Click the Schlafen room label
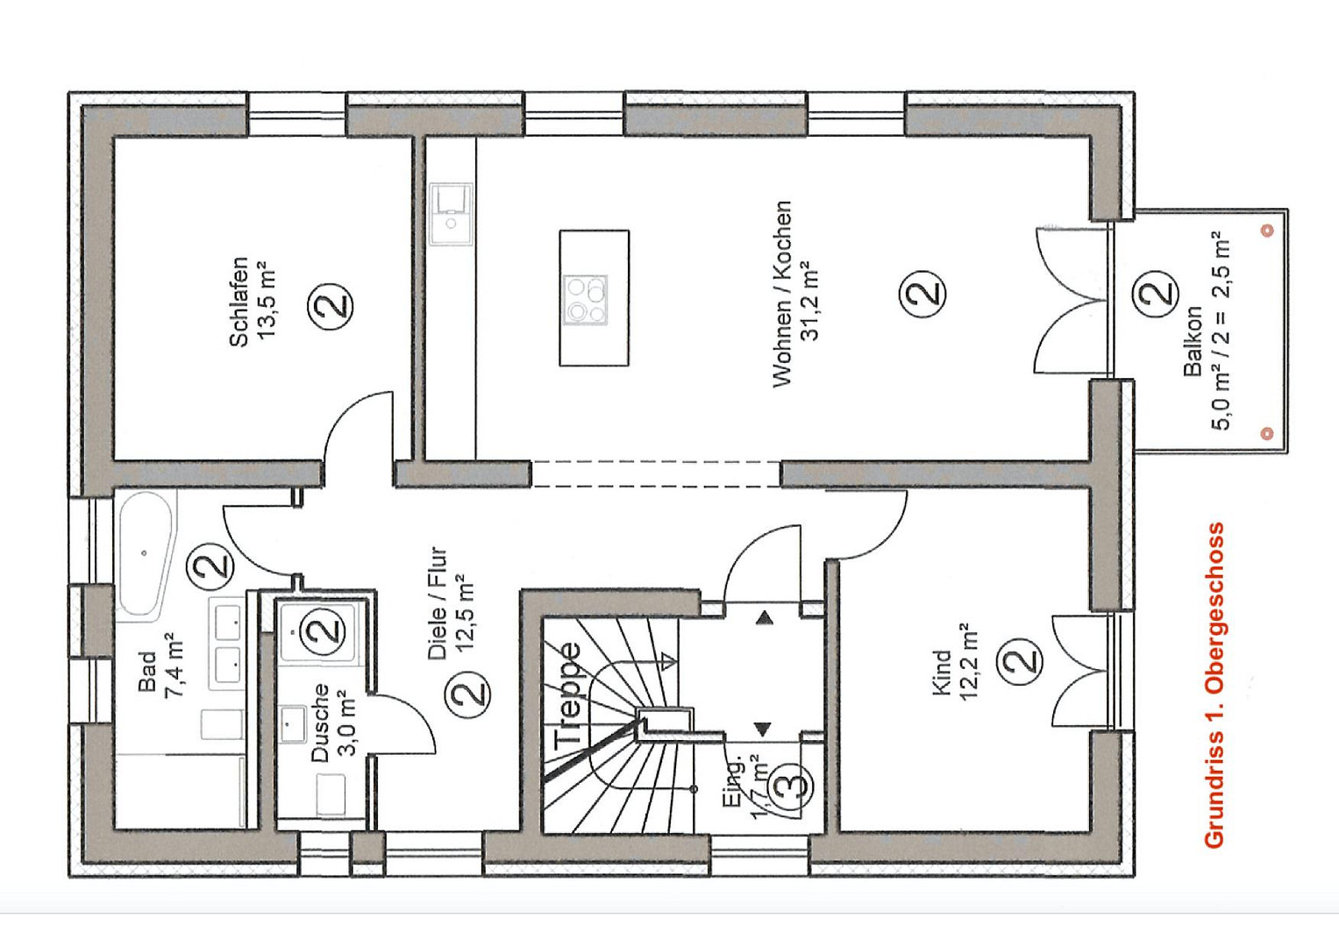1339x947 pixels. [x=239, y=302]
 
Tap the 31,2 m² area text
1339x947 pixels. [x=808, y=301]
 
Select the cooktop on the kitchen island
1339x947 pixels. [x=588, y=300]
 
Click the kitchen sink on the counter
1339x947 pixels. [x=451, y=213]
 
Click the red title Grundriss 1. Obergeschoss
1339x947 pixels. [x=1214, y=685]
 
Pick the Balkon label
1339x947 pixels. [x=1192, y=341]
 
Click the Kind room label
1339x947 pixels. [x=942, y=673]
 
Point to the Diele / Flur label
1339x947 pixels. [x=438, y=602]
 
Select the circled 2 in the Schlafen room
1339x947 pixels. [x=331, y=305]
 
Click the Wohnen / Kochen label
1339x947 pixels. [x=782, y=294]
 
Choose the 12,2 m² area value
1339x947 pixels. [x=968, y=661]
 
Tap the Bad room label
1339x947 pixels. [x=147, y=671]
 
